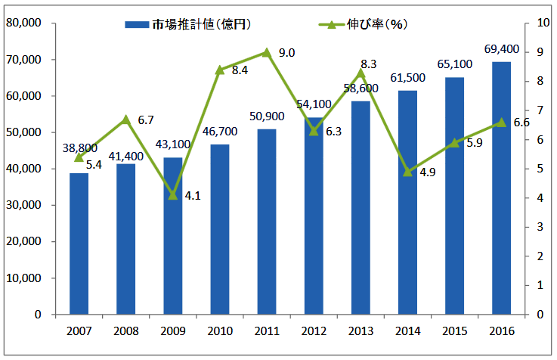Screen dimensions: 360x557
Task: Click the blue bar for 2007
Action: (79, 244)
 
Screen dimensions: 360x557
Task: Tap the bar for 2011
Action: (266, 222)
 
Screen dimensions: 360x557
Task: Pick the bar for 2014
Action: (407, 202)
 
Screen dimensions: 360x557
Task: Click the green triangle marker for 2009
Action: (172, 194)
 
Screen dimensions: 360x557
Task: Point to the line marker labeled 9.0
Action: (266, 52)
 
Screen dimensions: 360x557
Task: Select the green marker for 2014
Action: (407, 172)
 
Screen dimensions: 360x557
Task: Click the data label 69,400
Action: (501, 50)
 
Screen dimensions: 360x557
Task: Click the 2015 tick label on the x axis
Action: (454, 331)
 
